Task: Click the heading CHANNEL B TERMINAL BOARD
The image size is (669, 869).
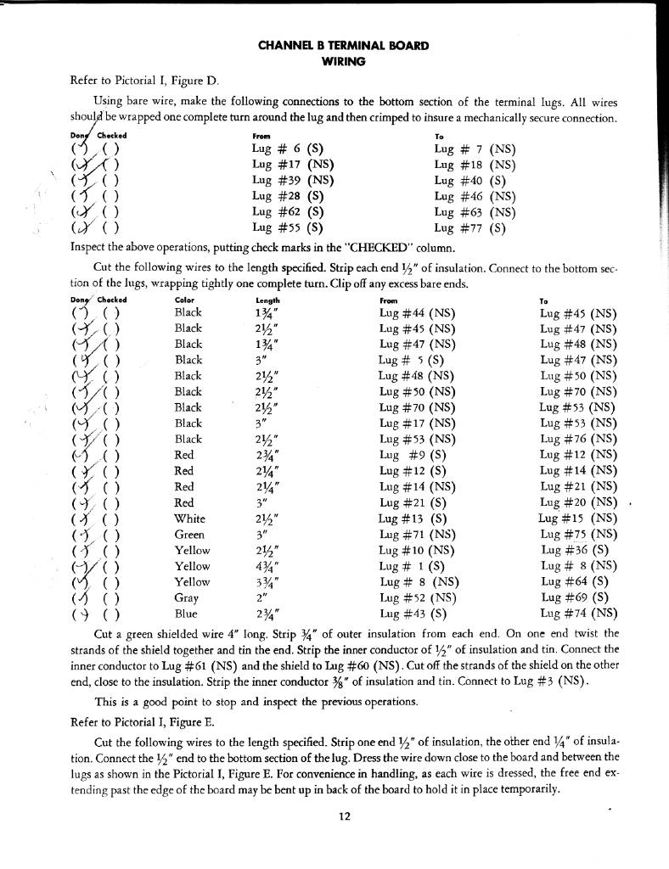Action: (x=343, y=46)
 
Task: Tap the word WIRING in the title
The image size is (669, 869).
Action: (x=343, y=61)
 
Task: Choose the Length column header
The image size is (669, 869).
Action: (x=267, y=299)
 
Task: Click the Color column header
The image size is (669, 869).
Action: (x=183, y=299)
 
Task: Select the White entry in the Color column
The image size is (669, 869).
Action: (x=188, y=519)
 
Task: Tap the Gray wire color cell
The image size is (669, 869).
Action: (x=186, y=597)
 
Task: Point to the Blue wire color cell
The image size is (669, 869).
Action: (x=185, y=613)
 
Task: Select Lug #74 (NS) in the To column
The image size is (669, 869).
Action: (x=578, y=613)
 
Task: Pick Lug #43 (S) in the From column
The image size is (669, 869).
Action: (x=413, y=613)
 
